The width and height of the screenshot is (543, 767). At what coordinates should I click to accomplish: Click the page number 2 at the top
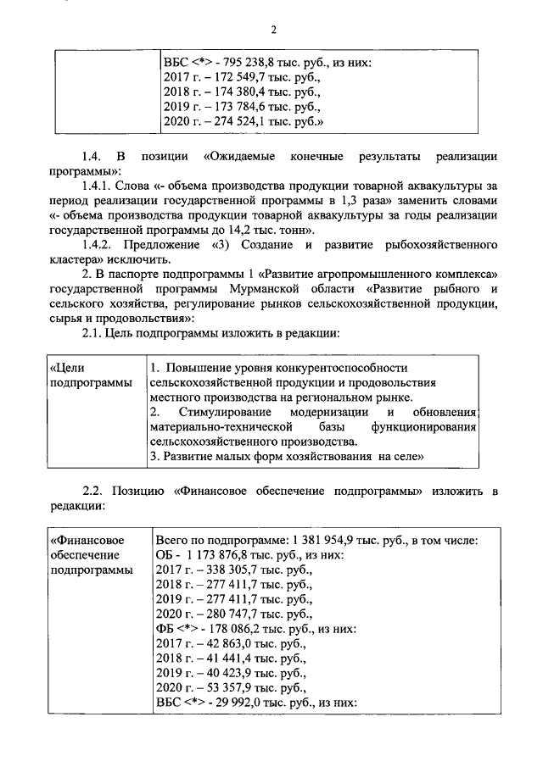point(274,31)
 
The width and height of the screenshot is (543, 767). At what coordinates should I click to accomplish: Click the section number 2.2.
point(92,492)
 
